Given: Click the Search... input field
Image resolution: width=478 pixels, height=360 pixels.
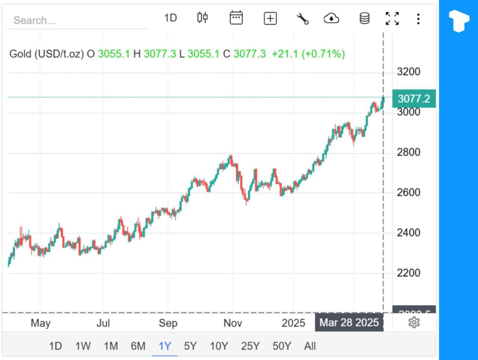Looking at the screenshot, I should pyautogui.click(x=77, y=20).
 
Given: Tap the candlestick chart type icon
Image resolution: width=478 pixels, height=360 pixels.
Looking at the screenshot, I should pyautogui.click(x=202, y=18).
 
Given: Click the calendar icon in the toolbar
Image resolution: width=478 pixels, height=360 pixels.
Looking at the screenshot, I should pyautogui.click(x=236, y=18).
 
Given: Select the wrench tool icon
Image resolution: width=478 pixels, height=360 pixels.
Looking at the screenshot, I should pyautogui.click(x=302, y=18).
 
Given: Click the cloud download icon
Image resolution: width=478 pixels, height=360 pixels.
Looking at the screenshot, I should pyautogui.click(x=331, y=18).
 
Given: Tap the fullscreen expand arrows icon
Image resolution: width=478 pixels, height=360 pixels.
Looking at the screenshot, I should pyautogui.click(x=392, y=18).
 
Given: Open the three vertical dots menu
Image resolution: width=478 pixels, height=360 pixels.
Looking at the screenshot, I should pyautogui.click(x=418, y=19).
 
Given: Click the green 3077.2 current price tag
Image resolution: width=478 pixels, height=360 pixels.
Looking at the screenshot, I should pyautogui.click(x=414, y=99).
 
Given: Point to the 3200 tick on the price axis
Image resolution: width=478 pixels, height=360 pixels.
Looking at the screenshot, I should pyautogui.click(x=408, y=72).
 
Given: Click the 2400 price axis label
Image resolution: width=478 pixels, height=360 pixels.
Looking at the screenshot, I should pyautogui.click(x=408, y=233).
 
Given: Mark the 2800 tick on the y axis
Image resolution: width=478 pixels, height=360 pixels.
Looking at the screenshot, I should pyautogui.click(x=408, y=152).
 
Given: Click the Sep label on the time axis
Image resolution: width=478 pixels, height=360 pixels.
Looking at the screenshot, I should pyautogui.click(x=168, y=323).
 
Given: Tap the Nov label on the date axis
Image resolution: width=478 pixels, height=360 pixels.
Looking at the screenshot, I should pyautogui.click(x=233, y=323).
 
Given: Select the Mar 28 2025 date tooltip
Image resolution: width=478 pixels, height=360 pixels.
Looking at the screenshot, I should pyautogui.click(x=349, y=323).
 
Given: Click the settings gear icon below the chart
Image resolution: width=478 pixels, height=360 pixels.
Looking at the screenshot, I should pyautogui.click(x=414, y=322).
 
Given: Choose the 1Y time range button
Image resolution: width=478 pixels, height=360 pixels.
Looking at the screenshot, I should pyautogui.click(x=165, y=346).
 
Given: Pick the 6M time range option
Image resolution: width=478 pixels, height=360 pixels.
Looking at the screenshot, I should pyautogui.click(x=138, y=346).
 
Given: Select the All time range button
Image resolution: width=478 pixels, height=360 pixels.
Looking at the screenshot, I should pyautogui.click(x=310, y=346).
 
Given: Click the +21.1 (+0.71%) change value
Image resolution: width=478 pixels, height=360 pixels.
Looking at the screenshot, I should pyautogui.click(x=308, y=54).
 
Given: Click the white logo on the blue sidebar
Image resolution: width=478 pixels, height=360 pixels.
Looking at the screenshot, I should pyautogui.click(x=459, y=21).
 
